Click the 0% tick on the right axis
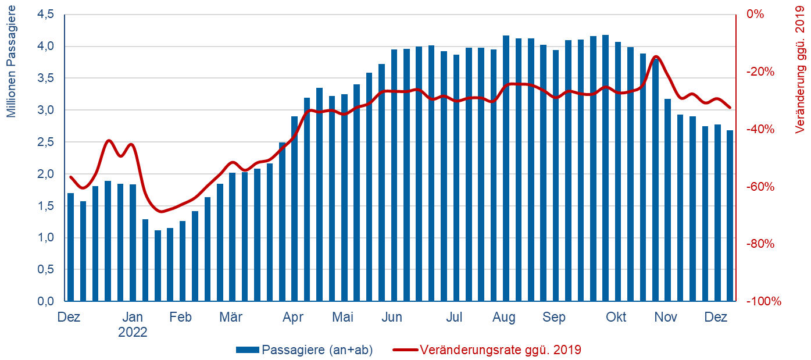(755, 14)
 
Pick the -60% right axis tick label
(760, 187)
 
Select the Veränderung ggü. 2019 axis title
(801, 69)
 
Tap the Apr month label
(292, 318)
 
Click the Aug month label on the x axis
(504, 318)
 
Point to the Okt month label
(616, 318)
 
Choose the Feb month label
(181, 318)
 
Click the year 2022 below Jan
(133, 333)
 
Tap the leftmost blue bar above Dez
(71, 247)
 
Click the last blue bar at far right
(730, 215)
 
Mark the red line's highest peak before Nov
(656, 56)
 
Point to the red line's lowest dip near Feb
(161, 212)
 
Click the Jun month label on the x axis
(392, 318)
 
